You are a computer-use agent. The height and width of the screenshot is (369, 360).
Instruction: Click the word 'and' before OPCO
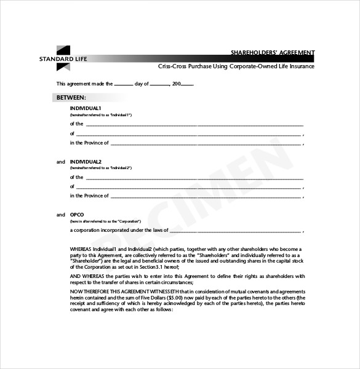point(60,215)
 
